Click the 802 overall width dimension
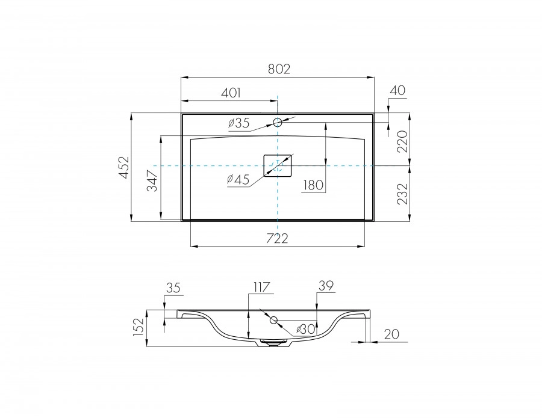pyautogui.click(x=279, y=69)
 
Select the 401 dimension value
pyautogui.click(x=231, y=93)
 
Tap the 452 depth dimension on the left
pyautogui.click(x=124, y=167)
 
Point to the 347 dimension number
pyautogui.click(x=152, y=180)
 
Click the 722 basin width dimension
pyautogui.click(x=277, y=238)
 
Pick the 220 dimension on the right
pyautogui.click(x=402, y=141)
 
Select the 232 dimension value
pyautogui.click(x=402, y=194)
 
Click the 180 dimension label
pyautogui.click(x=314, y=185)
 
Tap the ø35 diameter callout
pyautogui.click(x=239, y=123)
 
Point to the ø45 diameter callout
pyautogui.click(x=238, y=179)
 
